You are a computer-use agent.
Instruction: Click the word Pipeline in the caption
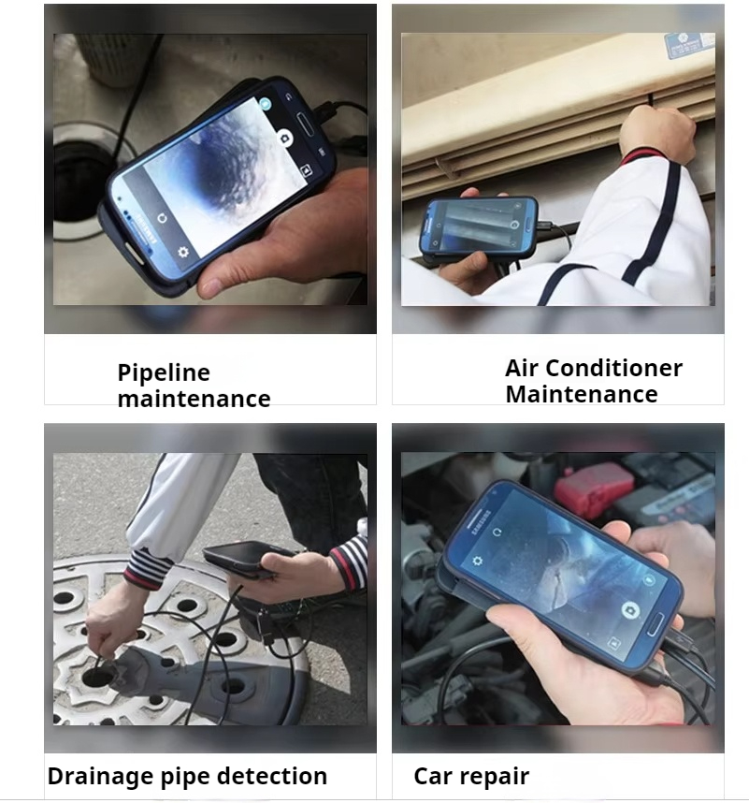[x=164, y=372]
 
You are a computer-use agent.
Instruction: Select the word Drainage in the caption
[x=104, y=776]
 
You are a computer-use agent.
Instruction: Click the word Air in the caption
[x=522, y=368]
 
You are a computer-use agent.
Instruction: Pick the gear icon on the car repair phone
[x=478, y=562]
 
